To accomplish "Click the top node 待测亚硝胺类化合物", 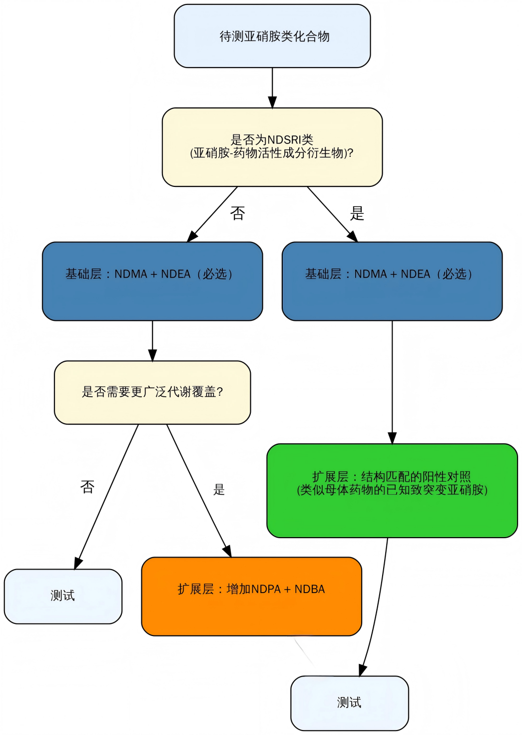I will pyautogui.click(x=272, y=36).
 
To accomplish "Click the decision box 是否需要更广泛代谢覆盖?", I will pyautogui.click(x=152, y=392).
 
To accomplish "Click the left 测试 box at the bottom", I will pyautogui.click(x=63, y=596).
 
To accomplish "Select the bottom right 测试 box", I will pyautogui.click(x=349, y=703).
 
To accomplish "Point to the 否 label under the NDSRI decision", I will pyautogui.click(x=238, y=213).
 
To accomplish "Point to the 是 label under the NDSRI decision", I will pyautogui.click(x=357, y=213).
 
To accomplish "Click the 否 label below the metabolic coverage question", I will pyautogui.click(x=87, y=487).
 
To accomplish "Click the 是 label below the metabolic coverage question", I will pyautogui.click(x=219, y=490).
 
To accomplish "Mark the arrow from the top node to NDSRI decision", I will pyautogui.click(x=272, y=87).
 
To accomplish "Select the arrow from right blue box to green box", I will pyautogui.click(x=392, y=382).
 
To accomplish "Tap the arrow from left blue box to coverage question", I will pyautogui.click(x=152, y=341).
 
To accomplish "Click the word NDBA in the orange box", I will pyautogui.click(x=310, y=589).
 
